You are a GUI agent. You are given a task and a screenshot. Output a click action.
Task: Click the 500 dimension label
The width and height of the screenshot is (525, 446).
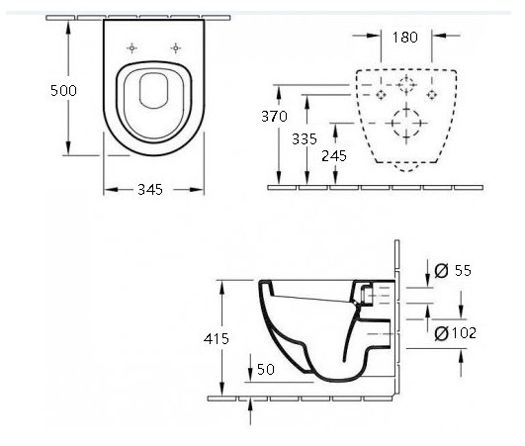(63, 91)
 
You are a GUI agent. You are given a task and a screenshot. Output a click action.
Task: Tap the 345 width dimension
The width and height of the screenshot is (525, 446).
(150, 190)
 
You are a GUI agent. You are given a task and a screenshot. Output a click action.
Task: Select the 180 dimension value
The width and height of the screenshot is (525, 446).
(405, 38)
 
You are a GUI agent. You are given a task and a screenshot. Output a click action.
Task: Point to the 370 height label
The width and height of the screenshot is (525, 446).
(274, 116)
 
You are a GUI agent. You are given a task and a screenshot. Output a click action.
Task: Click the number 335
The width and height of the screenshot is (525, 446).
(305, 139)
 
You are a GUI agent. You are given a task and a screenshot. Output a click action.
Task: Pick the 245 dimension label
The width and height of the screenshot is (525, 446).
(334, 156)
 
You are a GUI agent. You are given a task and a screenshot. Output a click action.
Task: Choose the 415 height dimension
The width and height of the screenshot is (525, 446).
(217, 339)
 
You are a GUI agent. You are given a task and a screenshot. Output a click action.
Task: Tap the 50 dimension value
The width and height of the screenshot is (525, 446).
(266, 369)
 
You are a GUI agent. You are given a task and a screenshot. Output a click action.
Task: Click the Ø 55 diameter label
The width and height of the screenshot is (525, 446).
(453, 270)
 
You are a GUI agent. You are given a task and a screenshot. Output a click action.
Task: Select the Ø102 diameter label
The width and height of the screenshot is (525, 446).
(456, 333)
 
